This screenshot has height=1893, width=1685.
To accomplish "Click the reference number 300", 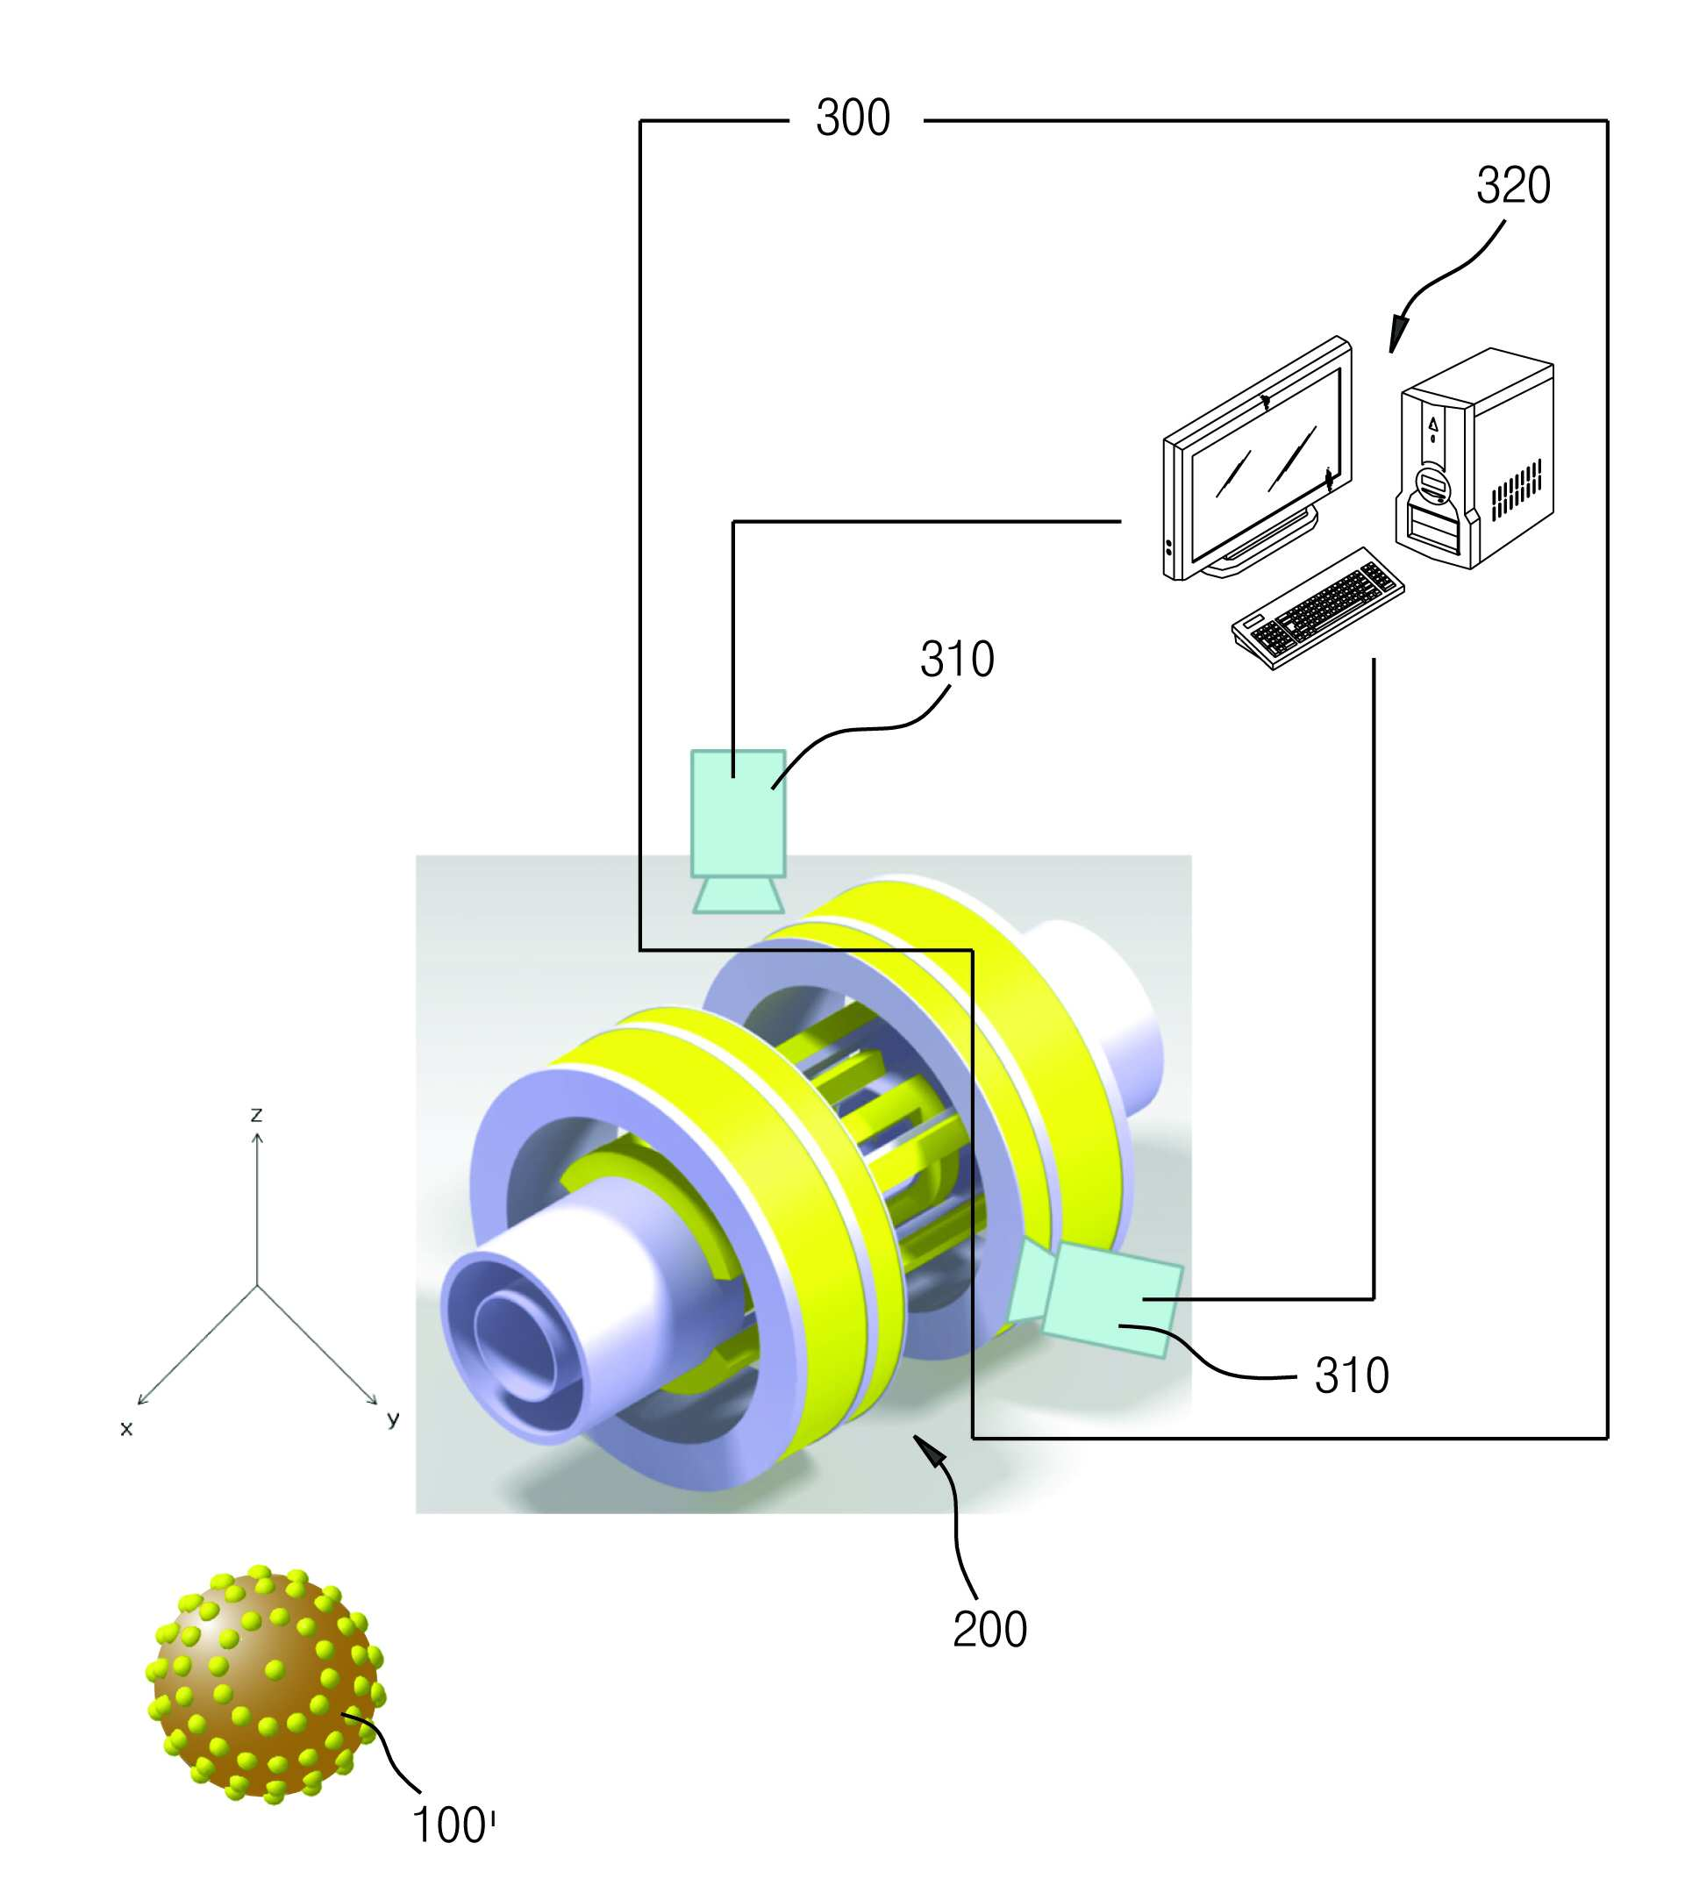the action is click(853, 118).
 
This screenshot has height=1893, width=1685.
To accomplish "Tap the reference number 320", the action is click(1513, 185).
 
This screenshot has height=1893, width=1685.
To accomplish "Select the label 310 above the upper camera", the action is click(957, 660).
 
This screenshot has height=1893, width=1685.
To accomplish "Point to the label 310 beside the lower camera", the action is click(1352, 1375).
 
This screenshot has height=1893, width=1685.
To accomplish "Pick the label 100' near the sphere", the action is click(453, 1825).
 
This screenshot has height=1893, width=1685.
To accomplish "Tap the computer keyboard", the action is click(1317, 608).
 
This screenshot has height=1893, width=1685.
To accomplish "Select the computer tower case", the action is click(1474, 459).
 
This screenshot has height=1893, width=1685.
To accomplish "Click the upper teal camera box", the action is click(739, 813).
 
